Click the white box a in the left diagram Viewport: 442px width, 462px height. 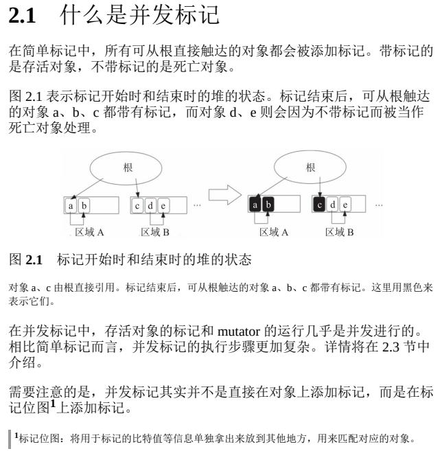[71, 205]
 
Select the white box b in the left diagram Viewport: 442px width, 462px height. [84, 205]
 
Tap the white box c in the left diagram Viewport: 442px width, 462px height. [137, 205]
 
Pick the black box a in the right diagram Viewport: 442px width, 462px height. [255, 205]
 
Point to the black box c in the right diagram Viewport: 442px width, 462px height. [320, 205]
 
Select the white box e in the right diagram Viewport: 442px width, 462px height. [346, 205]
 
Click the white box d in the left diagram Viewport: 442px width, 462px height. [150, 205]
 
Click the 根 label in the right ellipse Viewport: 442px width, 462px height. [311, 166]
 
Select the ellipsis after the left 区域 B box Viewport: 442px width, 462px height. [197, 205]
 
